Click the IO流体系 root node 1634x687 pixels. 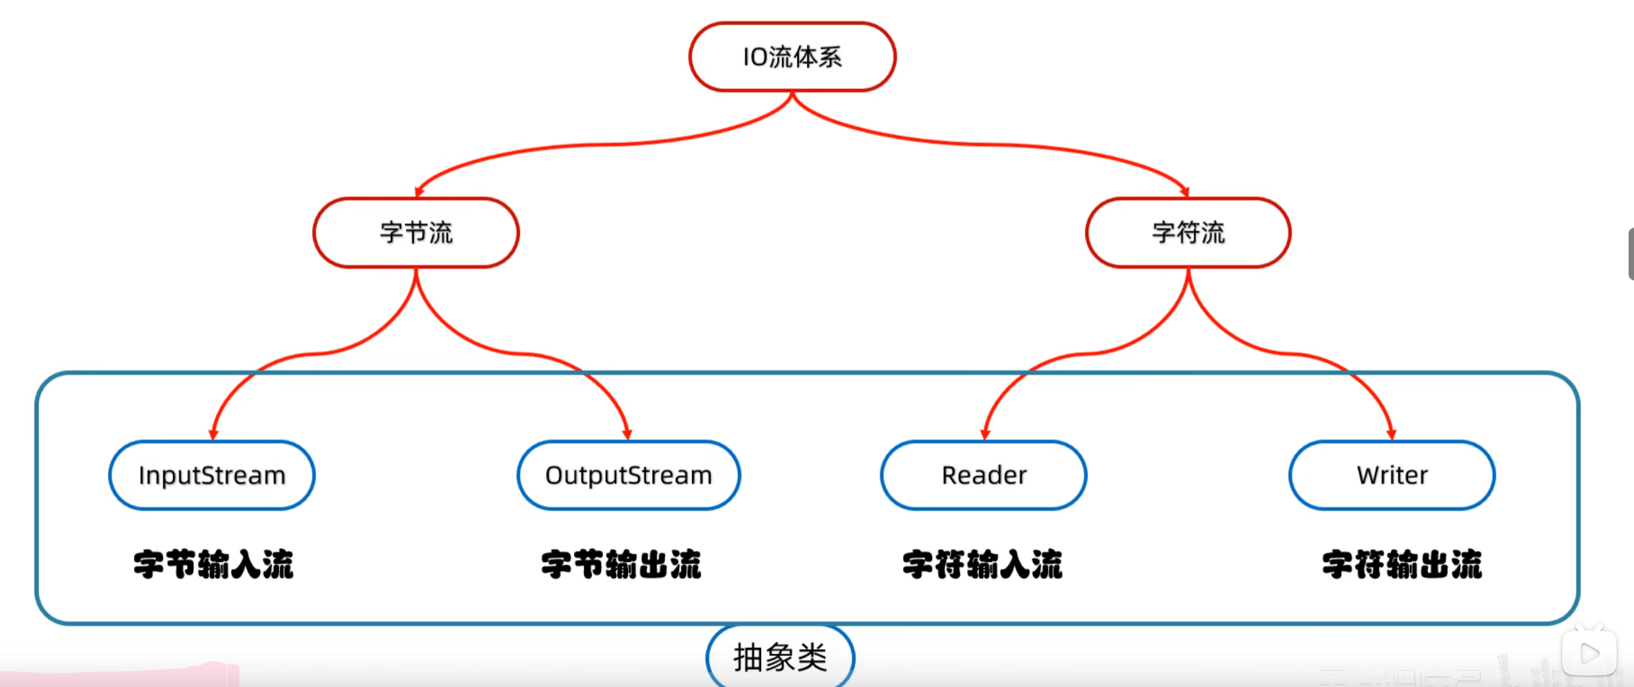click(x=792, y=57)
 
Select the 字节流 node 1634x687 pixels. click(x=416, y=232)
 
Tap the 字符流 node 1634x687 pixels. click(x=1188, y=232)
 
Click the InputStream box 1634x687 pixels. click(x=212, y=475)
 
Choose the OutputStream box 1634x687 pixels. click(x=629, y=475)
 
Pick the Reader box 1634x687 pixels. click(x=984, y=475)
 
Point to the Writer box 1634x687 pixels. click(x=1392, y=475)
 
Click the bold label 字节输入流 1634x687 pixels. click(x=213, y=565)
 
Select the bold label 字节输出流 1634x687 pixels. click(x=621, y=565)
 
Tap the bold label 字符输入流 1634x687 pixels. click(x=982, y=565)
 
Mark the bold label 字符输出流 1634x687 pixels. click(x=1402, y=565)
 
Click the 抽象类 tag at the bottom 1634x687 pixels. click(x=781, y=657)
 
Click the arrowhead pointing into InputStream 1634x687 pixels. click(x=213, y=434)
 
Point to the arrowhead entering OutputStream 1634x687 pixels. click(x=627, y=434)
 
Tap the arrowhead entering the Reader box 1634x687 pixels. click(x=985, y=434)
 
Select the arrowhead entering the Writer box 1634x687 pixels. click(x=1392, y=434)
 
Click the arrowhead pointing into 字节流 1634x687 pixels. click(x=419, y=193)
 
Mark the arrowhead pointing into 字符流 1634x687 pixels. click(x=1185, y=193)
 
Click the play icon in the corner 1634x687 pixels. click(x=1589, y=653)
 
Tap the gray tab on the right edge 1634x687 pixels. click(x=1630, y=254)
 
